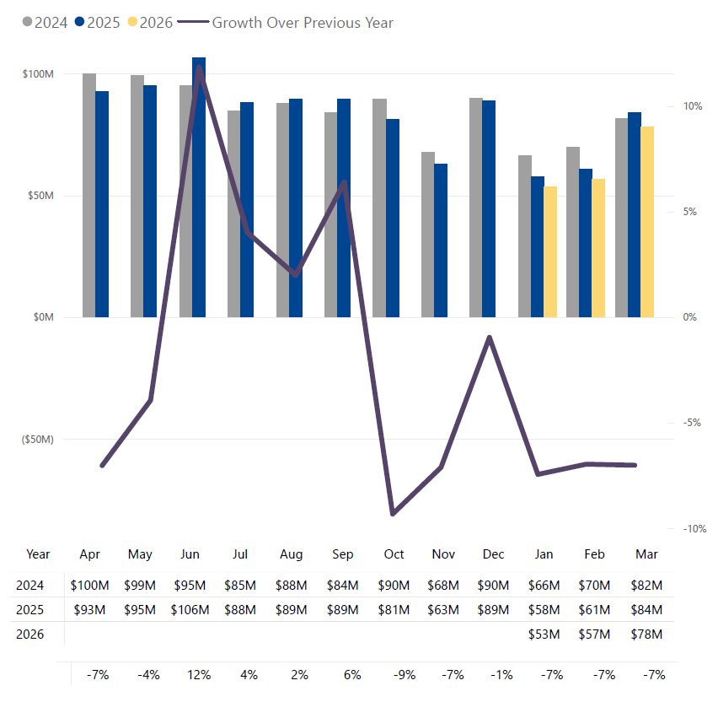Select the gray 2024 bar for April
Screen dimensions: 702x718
(x=89, y=195)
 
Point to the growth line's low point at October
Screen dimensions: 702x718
(x=393, y=512)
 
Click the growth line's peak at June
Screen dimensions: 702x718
(x=199, y=67)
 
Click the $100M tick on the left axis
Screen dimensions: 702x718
(x=39, y=74)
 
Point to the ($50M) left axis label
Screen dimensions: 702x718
(x=37, y=440)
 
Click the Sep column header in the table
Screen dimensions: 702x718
(x=343, y=554)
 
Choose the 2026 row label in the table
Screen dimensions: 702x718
(x=29, y=634)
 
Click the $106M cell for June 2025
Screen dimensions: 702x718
(x=190, y=609)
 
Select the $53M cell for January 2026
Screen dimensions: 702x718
(x=544, y=634)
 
